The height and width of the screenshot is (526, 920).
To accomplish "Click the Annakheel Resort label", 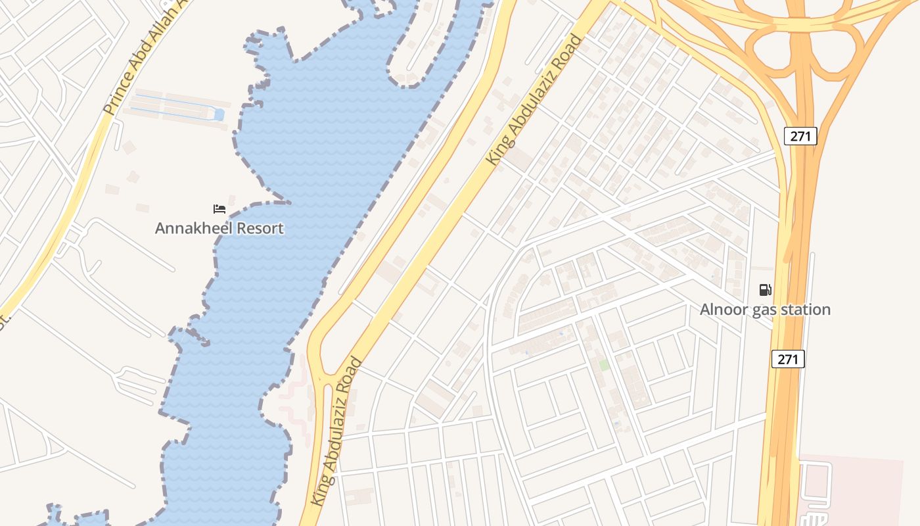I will coord(219,228).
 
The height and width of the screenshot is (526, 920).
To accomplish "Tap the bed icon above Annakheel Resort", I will coord(219,209).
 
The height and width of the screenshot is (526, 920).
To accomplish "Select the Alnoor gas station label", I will coord(765,309).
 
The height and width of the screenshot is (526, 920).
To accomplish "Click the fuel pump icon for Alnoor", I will coord(765,289).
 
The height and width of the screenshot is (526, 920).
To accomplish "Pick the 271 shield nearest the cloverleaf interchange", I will coord(800,136).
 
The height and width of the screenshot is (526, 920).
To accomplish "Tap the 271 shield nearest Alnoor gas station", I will coord(788,359).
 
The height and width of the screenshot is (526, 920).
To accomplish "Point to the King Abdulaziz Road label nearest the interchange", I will coord(534,100).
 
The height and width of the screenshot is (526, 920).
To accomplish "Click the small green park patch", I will coord(603,364).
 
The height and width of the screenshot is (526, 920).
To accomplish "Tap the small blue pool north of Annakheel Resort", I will coord(219,116).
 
